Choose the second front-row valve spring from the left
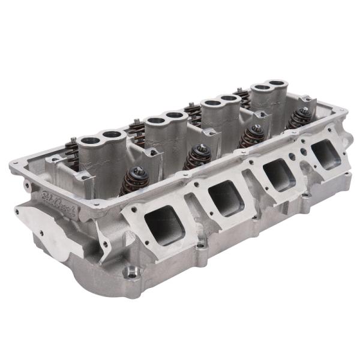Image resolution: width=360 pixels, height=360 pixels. (196, 157)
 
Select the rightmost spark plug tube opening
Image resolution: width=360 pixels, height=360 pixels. (278, 84)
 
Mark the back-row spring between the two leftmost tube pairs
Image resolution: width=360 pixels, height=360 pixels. (136, 128)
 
